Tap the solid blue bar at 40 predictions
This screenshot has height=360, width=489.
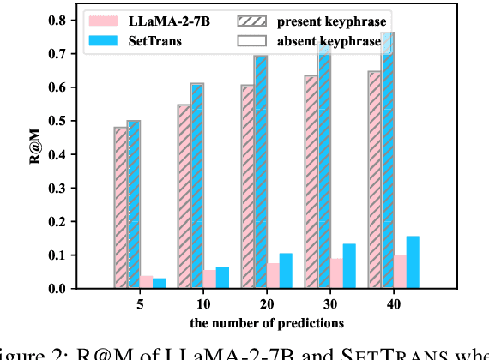(413, 262)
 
